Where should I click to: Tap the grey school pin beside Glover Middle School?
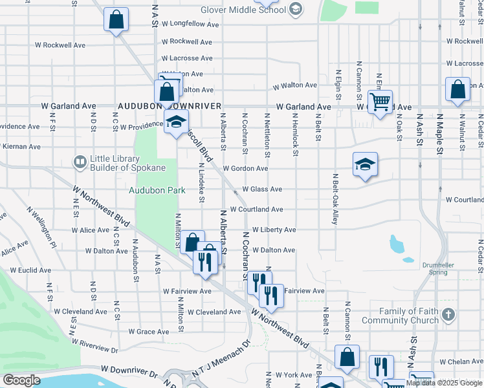[296, 8]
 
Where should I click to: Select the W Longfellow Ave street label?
[187, 24]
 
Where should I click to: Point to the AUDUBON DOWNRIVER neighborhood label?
[170, 105]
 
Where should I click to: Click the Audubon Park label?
[157, 190]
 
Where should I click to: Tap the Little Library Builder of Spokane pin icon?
[80, 162]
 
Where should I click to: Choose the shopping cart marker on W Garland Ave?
[380, 101]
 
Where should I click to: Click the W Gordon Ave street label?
[245, 169]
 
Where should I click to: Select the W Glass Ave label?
[262, 189]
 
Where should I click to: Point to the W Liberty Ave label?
[274, 230]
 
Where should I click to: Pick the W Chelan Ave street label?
[461, 362]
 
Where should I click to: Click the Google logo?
[21, 380]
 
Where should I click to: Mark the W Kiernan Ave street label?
[21, 147]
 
